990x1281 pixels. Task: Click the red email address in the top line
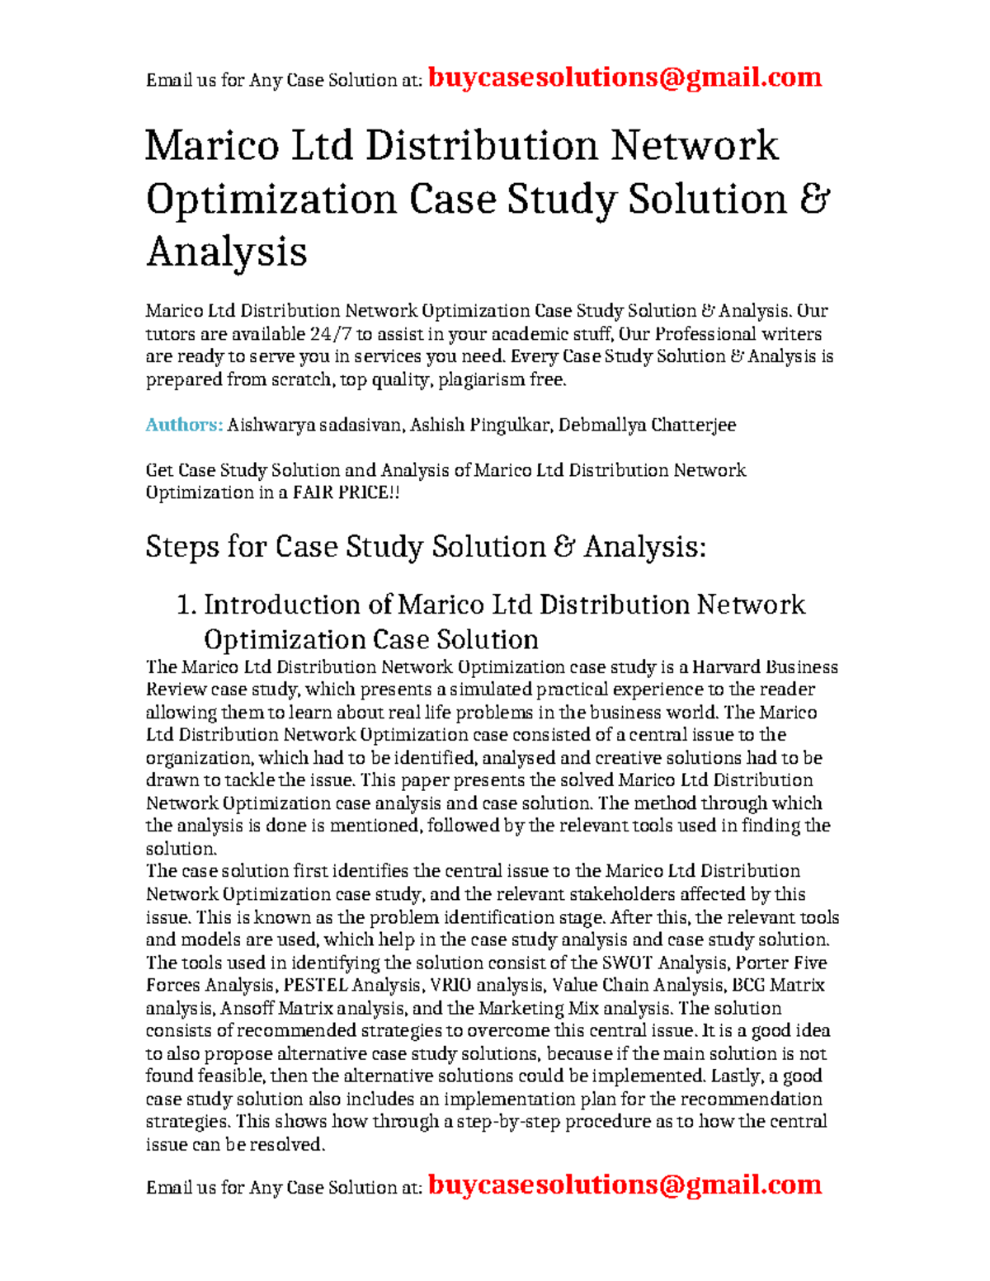625,78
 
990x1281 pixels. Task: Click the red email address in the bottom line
625,1185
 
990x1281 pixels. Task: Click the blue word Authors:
184,425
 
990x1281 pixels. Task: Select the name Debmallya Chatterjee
647,425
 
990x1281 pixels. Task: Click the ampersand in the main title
814,200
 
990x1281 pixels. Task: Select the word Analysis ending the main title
227,252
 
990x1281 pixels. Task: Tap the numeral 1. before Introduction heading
186,605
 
